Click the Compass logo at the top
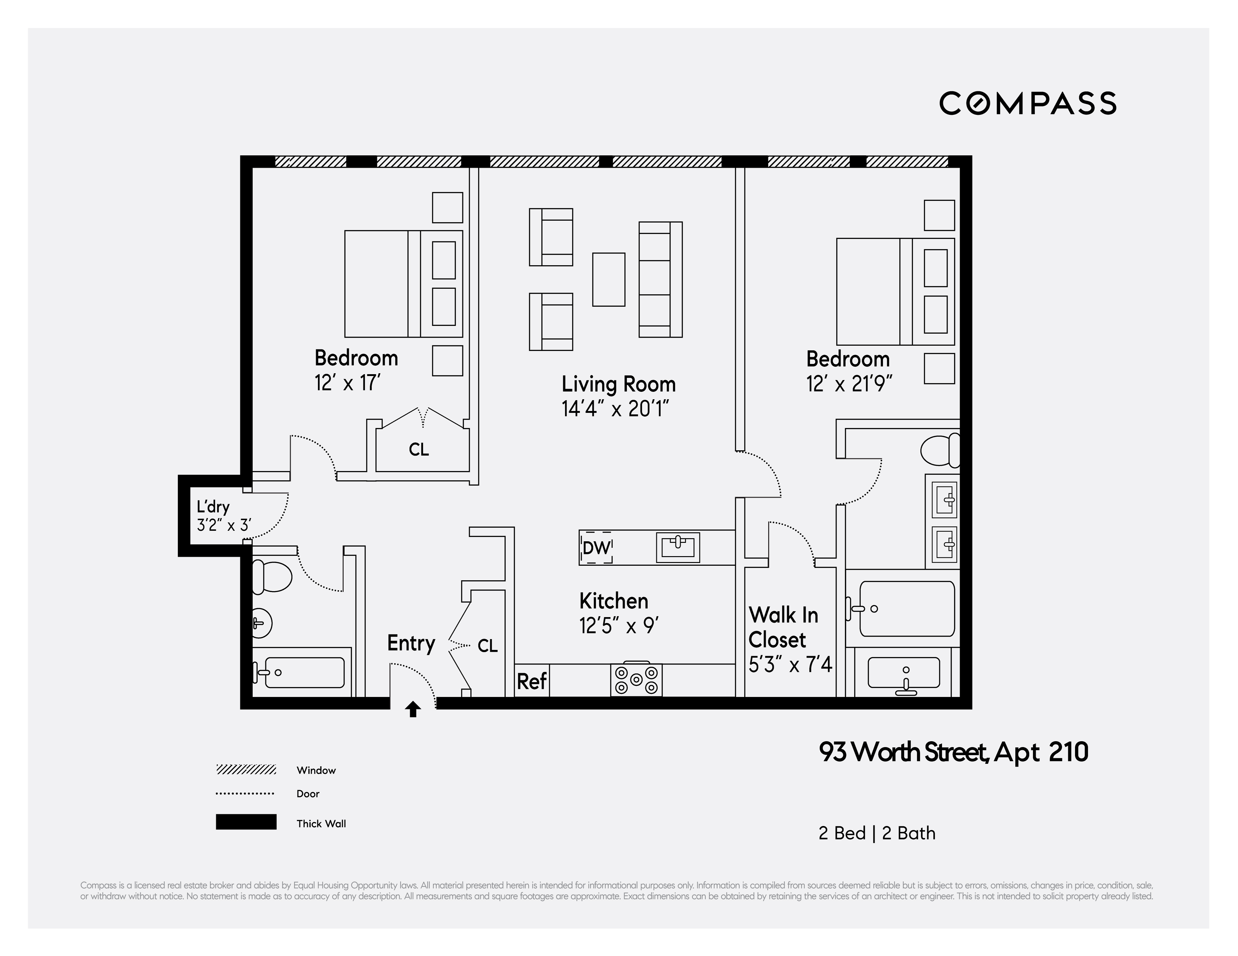pos(1027,103)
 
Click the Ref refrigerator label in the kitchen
pos(532,681)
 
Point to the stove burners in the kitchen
pos(636,679)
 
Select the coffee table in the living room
pos(608,279)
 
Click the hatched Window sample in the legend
pos(246,769)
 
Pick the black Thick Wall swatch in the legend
pos(246,822)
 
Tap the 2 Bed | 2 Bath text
pos(876,833)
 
